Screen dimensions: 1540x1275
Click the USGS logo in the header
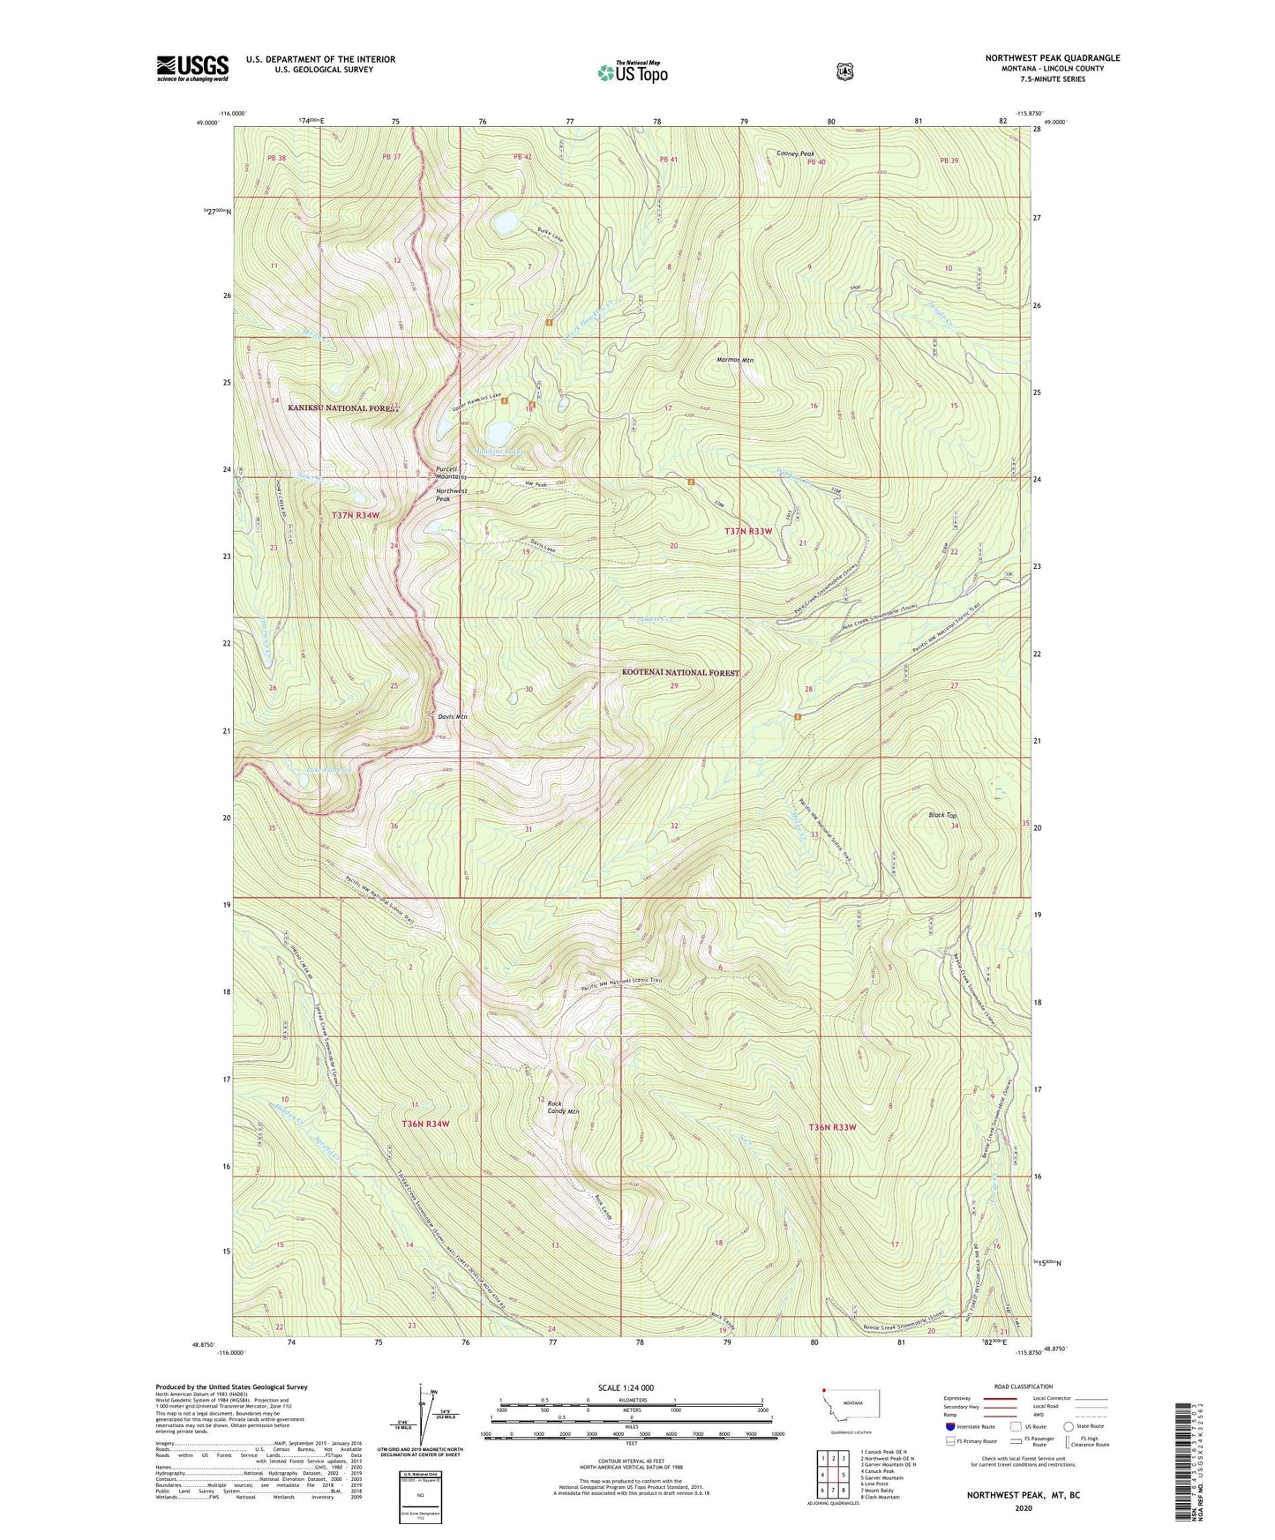[x=192, y=68]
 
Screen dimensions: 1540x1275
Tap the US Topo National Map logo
[x=633, y=71]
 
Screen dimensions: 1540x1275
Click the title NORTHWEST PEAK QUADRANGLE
[x=1053, y=58]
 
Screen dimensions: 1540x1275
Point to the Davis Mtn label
[x=453, y=717]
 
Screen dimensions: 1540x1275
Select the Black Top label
[x=942, y=815]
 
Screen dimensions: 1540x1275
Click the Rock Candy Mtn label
[x=562, y=1108]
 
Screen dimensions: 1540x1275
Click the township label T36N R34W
[x=425, y=1124]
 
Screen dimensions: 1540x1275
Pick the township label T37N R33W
[x=747, y=531]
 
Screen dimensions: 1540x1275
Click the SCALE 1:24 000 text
[x=626, y=1387]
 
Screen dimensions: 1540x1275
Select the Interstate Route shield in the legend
[x=949, y=1426]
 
